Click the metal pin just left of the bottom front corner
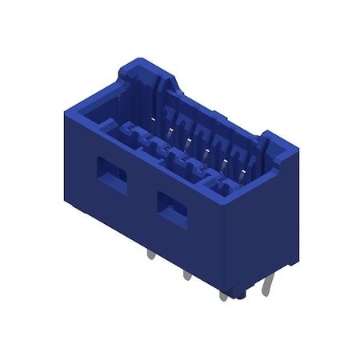(x=222, y=295)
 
